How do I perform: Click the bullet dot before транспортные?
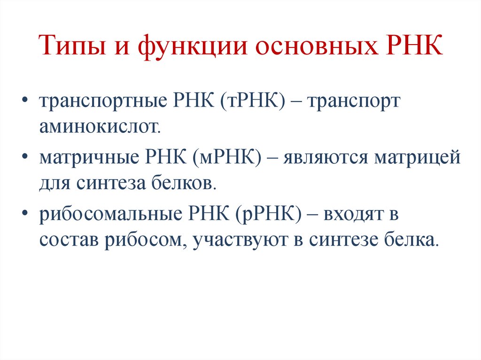[x=24, y=102]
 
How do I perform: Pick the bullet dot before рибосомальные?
[x=24, y=215]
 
